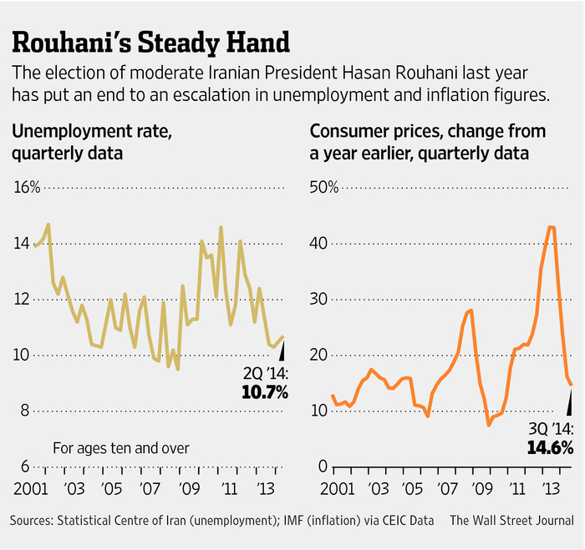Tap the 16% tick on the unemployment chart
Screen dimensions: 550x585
click(26, 186)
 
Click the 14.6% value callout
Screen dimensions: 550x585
click(549, 447)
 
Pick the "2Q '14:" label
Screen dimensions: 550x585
click(265, 372)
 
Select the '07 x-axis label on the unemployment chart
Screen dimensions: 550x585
click(149, 488)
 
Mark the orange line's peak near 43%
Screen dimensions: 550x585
click(550, 227)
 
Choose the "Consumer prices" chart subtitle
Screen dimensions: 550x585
click(427, 141)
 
